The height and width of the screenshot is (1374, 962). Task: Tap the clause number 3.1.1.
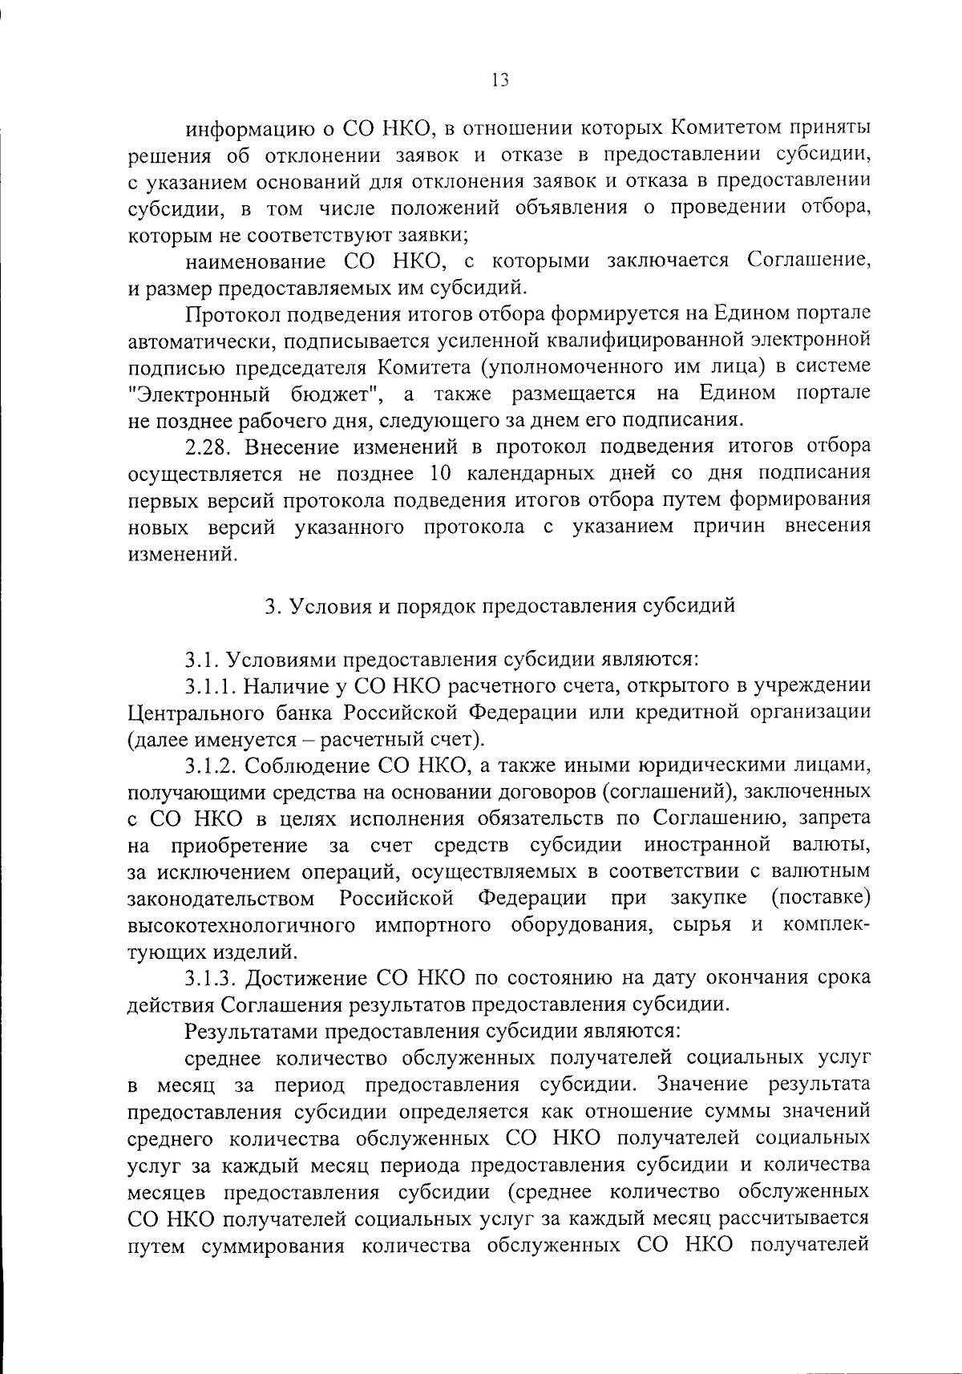click(211, 685)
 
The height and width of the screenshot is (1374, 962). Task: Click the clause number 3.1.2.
click(211, 765)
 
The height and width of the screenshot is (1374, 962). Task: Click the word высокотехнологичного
click(241, 925)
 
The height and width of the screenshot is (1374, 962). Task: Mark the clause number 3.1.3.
click(211, 978)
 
